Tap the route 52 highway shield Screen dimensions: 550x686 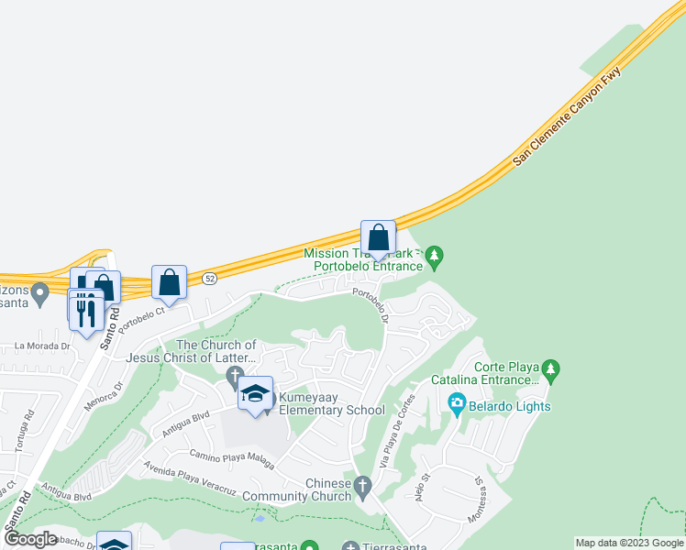pyautogui.click(x=210, y=278)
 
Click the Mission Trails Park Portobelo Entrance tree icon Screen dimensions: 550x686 pyautogui.click(x=436, y=255)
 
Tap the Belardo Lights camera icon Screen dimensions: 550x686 pyautogui.click(x=456, y=402)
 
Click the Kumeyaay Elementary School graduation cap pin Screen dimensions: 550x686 pyautogui.click(x=255, y=394)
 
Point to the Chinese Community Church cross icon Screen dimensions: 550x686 pyautogui.click(x=363, y=485)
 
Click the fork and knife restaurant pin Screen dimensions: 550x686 pyautogui.click(x=86, y=312)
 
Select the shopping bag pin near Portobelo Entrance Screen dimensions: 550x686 pyautogui.click(x=378, y=239)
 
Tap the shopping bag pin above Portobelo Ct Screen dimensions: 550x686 pyautogui.click(x=170, y=283)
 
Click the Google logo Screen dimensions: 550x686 pyautogui.click(x=30, y=539)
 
